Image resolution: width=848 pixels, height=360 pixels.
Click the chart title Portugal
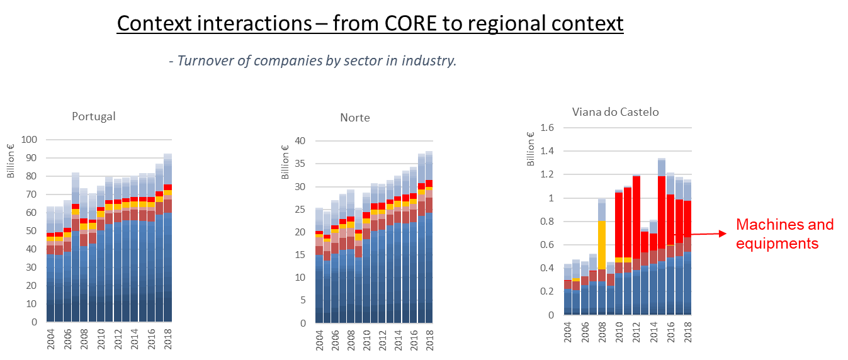(93, 116)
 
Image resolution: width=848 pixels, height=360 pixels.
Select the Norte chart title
(355, 118)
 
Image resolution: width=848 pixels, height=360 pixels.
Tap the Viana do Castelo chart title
(615, 112)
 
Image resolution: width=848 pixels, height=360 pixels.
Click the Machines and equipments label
(784, 234)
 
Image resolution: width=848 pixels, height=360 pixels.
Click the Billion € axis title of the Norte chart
(285, 162)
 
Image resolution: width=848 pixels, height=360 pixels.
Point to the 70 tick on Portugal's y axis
(30, 194)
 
